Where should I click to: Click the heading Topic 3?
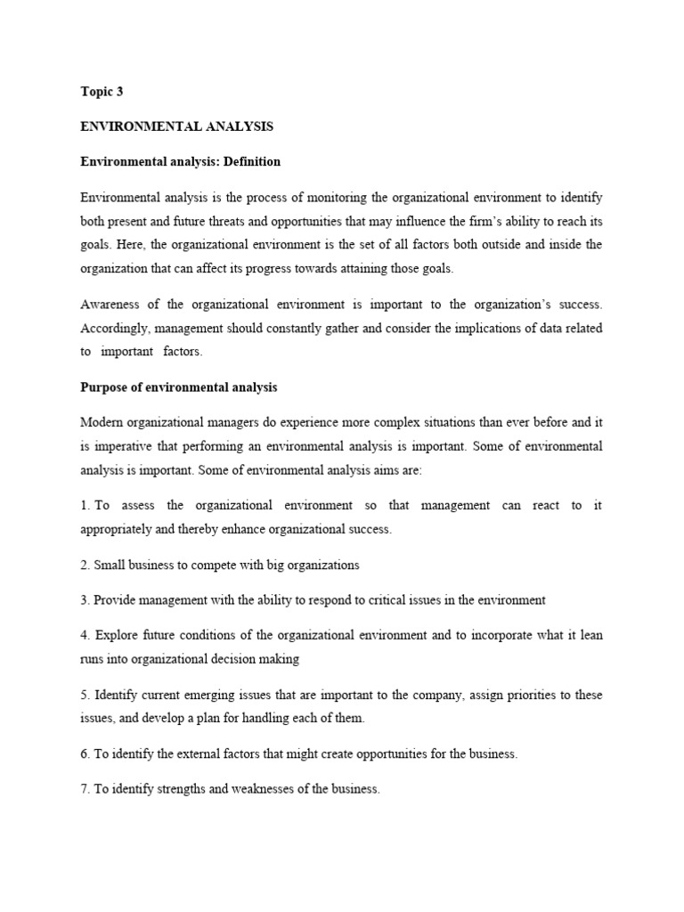(x=102, y=92)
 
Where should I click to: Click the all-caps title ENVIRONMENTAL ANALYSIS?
(x=176, y=126)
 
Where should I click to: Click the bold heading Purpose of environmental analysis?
(x=179, y=387)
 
